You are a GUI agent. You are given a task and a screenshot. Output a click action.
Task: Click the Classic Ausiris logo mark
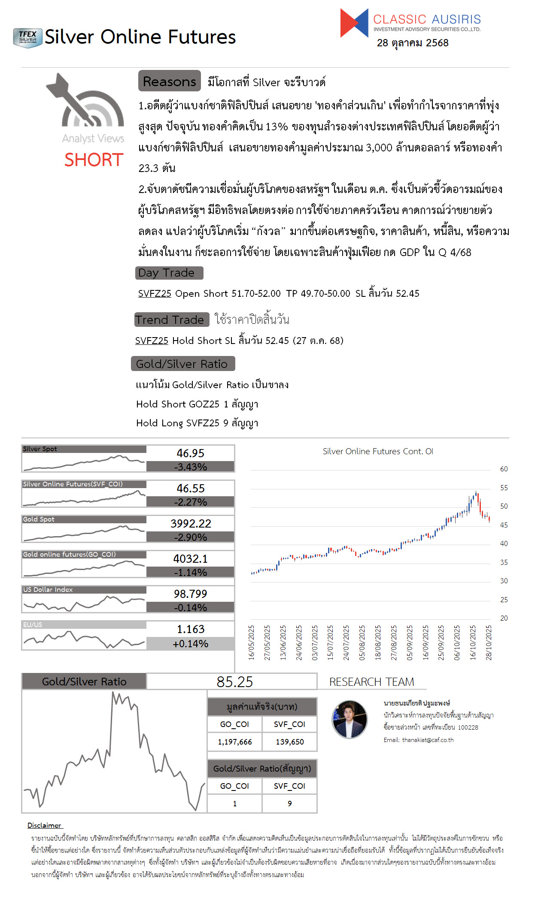(354, 23)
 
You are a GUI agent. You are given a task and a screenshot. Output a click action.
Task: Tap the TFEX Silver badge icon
(27, 38)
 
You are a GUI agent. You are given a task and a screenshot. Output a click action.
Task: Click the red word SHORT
(94, 160)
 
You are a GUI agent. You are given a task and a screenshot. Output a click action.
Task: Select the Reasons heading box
(169, 81)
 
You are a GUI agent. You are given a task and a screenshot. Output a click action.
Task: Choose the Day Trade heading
(169, 273)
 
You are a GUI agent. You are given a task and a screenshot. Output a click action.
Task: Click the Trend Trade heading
(171, 320)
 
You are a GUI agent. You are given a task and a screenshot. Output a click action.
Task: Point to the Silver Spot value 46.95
(190, 453)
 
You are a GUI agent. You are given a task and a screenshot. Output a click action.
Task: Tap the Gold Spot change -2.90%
(190, 537)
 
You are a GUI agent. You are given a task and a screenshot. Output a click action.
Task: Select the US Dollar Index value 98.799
(190, 594)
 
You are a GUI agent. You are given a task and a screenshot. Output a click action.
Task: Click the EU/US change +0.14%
(190, 643)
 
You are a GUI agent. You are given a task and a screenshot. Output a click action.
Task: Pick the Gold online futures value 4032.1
(190, 558)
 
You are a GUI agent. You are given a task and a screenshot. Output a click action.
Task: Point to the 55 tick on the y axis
(504, 488)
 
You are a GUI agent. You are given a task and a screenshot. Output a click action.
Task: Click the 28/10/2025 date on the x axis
(489, 643)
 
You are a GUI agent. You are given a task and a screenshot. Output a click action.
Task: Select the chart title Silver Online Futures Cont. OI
(378, 451)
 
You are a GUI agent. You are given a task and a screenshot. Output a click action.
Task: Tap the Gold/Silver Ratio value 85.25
(234, 682)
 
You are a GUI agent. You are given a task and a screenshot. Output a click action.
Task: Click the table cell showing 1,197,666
(234, 742)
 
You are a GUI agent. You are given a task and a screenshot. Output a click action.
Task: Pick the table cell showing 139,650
(289, 742)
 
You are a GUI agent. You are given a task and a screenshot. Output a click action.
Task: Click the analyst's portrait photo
(350, 719)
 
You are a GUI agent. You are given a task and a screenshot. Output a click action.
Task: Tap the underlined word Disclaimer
(45, 825)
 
